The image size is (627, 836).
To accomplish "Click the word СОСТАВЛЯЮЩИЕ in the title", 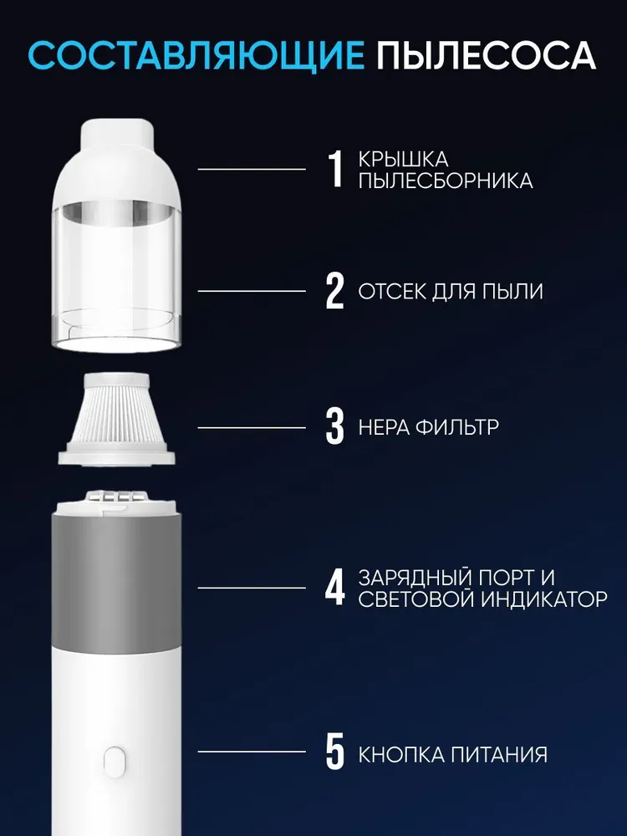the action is click(196, 55).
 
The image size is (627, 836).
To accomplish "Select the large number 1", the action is click(335, 169).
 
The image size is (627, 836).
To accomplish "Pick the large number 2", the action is click(335, 291).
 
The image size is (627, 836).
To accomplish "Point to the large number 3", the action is click(335, 426).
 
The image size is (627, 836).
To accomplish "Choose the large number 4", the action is click(335, 588).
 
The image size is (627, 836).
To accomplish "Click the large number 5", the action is click(335, 752).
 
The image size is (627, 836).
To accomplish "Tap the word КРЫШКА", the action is click(403, 160).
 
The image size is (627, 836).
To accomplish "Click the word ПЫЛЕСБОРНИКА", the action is click(446, 181).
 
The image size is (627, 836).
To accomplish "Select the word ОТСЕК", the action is click(392, 292).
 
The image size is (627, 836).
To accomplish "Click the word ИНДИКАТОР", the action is click(544, 599).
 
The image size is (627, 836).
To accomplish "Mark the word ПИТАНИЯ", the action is click(499, 755).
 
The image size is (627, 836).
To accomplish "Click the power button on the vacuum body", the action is click(114, 759).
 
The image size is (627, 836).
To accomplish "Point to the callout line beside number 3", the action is click(252, 427).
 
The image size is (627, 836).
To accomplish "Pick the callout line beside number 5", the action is click(252, 752).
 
